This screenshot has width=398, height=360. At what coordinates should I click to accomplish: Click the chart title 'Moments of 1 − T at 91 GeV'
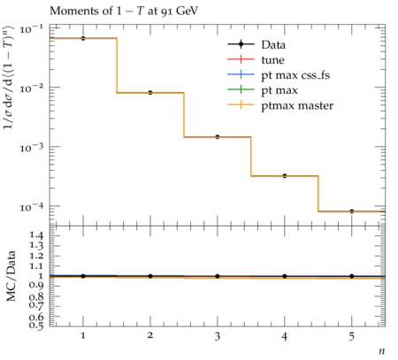click(124, 11)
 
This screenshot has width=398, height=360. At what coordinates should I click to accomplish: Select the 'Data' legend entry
click(256, 45)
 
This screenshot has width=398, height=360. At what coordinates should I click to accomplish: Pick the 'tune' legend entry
click(256, 60)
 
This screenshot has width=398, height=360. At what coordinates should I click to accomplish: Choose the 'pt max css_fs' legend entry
click(279, 75)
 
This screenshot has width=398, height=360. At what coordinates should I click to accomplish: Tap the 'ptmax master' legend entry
click(280, 105)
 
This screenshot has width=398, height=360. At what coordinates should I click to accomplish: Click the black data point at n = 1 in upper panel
click(83, 38)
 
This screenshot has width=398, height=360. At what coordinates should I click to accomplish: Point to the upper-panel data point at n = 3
click(218, 137)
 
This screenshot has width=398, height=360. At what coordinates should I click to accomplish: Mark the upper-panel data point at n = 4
click(285, 176)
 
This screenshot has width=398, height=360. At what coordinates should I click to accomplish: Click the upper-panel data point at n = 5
click(352, 211)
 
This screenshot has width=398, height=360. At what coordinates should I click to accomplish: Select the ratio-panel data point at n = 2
click(150, 276)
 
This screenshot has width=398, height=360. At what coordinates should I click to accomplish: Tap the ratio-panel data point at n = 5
click(352, 276)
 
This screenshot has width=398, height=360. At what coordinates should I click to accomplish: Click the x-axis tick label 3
click(218, 336)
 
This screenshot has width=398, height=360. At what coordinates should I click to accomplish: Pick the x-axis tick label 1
click(83, 336)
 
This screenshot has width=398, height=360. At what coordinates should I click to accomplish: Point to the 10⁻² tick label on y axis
click(31, 88)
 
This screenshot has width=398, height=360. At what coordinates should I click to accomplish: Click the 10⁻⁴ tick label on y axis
click(31, 207)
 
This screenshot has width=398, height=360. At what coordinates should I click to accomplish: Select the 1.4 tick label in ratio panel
click(36, 235)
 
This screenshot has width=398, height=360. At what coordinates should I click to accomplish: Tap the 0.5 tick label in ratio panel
click(36, 326)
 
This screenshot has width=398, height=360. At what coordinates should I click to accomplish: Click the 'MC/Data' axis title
click(11, 276)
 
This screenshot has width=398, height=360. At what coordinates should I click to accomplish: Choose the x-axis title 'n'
click(382, 351)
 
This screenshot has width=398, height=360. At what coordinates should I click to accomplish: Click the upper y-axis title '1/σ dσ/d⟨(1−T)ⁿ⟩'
click(9, 77)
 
